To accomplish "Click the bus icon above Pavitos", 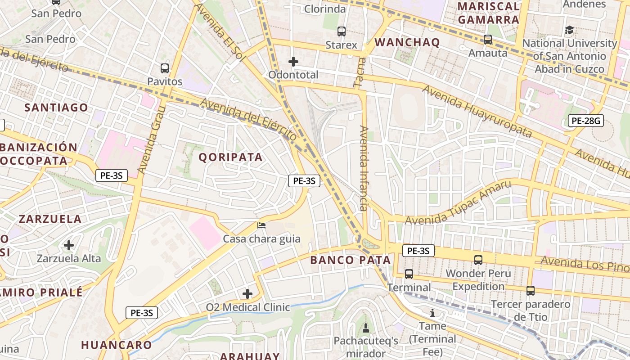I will click(165, 68).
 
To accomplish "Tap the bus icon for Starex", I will click(342, 31).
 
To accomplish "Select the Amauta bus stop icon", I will click(488, 40).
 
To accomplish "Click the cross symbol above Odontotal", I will click(293, 61).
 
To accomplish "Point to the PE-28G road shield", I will click(585, 121).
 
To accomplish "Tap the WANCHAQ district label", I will click(407, 42).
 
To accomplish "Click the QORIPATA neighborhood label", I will click(230, 157).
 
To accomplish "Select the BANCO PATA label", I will click(351, 260).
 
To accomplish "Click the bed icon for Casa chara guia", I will click(261, 225).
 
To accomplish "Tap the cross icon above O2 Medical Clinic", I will click(247, 294).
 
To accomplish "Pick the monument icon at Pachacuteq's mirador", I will click(365, 328).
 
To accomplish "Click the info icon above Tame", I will click(432, 312).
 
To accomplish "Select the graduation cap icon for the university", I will click(569, 30).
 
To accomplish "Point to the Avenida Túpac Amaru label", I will click(458, 203).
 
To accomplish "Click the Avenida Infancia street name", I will click(364, 168).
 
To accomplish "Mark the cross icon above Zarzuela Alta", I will click(69, 245).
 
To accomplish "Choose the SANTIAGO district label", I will click(56, 108).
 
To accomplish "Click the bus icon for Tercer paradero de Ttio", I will click(531, 291).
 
